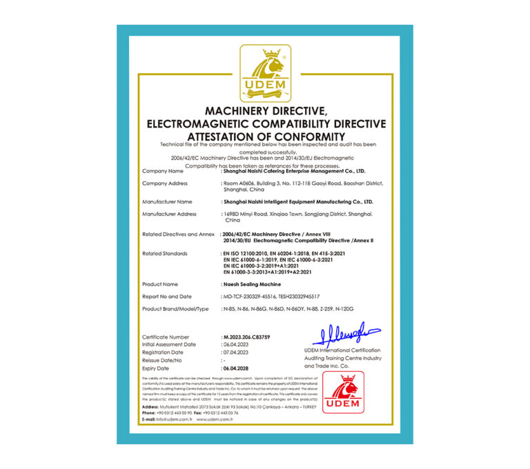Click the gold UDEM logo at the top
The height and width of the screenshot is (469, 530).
[x=265, y=72]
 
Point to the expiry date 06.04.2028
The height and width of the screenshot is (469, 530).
[x=236, y=368]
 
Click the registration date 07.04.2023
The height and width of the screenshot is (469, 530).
[x=236, y=352]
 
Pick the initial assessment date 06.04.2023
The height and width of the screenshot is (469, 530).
[x=236, y=344]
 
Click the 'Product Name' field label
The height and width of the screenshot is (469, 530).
[x=160, y=284]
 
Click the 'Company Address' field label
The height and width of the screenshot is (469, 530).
[x=165, y=183]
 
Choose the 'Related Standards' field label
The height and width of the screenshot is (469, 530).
[x=165, y=254]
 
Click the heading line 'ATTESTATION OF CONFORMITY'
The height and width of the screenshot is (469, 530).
[x=266, y=136]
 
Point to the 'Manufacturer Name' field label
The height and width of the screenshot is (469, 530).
[x=167, y=202]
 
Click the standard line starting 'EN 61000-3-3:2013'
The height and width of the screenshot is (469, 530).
[x=276, y=273]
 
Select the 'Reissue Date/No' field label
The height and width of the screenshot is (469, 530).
[x=162, y=360]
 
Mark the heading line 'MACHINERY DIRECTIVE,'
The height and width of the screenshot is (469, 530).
[x=266, y=111]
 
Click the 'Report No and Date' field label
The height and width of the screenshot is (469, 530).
[x=168, y=296]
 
